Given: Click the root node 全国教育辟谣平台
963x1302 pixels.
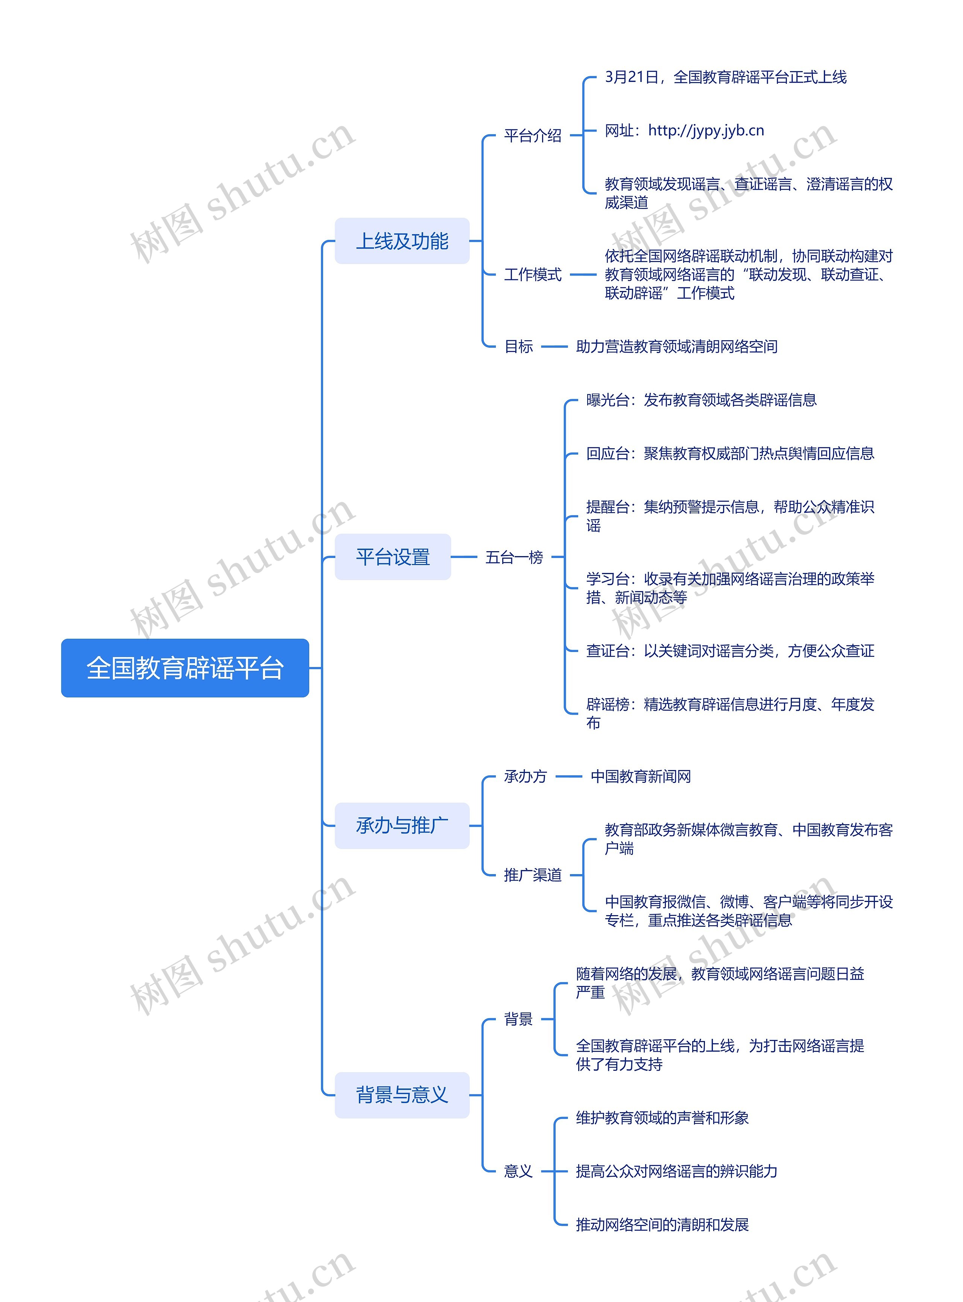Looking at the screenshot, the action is point(185,668).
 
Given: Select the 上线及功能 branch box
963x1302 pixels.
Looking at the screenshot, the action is point(402,241).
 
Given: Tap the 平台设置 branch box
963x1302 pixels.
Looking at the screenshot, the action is point(392,556).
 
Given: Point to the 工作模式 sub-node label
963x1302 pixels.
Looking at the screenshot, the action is point(532,274).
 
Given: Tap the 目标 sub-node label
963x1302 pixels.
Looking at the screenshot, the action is point(518,347).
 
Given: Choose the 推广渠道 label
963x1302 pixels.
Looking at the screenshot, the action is point(532,875).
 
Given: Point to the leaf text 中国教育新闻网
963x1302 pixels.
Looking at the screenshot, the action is point(640,776).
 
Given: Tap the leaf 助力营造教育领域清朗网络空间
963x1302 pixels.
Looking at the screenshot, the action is point(676,347).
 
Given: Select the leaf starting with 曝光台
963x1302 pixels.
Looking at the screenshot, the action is point(701,400).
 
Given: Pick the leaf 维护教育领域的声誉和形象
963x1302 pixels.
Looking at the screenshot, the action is point(662,1117).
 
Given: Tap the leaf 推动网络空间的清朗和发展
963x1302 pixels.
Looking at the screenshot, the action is point(662,1225).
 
